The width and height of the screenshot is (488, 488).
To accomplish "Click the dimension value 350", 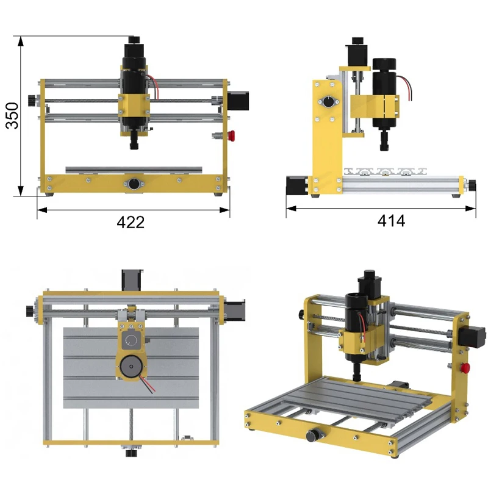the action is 12,115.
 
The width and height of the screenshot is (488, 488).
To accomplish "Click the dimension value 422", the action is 131,222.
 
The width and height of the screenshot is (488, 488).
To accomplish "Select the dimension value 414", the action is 391,221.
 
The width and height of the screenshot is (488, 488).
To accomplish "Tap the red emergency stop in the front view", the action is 231,135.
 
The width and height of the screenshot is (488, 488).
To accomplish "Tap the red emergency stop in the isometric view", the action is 465,368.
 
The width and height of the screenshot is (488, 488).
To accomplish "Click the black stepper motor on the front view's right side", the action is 238,101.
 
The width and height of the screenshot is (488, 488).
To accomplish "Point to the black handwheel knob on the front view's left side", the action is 32,101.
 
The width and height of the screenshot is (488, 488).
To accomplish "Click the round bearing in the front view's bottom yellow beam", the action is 134,184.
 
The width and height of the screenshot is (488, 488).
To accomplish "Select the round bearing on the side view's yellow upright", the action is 328,102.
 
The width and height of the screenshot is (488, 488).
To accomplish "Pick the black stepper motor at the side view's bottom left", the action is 297,185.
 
